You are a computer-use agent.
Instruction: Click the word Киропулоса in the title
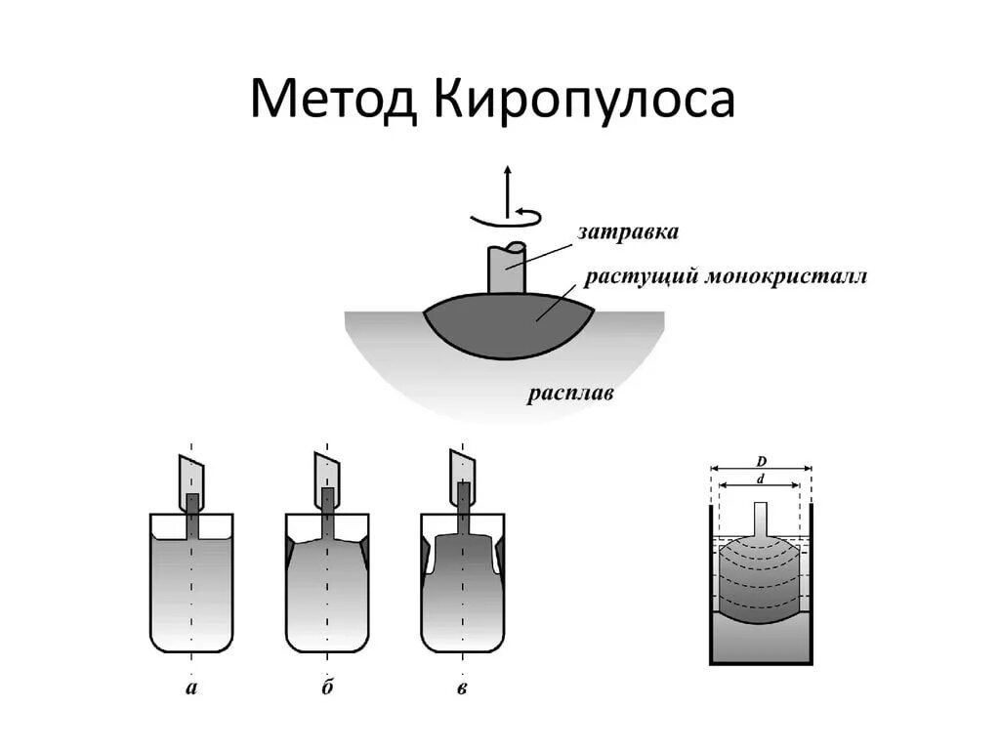581,102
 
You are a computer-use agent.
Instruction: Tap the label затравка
628,232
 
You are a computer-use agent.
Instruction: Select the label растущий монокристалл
726,276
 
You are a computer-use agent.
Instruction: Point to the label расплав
570,395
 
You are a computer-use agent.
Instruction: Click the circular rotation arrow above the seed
507,217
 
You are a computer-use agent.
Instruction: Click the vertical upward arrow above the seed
507,186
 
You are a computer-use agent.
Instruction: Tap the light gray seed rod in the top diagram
506,270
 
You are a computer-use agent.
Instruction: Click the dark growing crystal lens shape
508,323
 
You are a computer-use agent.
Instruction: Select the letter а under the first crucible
191,688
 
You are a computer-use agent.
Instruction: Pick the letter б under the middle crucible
326,688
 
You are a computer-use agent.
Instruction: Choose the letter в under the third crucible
461,689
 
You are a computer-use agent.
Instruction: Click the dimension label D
761,460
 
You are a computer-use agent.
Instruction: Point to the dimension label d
761,479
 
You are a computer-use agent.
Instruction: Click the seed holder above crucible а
191,478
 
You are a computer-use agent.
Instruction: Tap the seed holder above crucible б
327,476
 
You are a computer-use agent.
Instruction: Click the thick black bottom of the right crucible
761,662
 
